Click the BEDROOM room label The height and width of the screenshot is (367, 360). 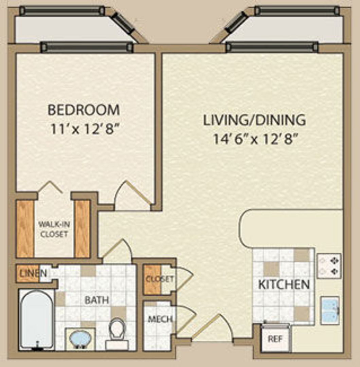(x=84, y=110)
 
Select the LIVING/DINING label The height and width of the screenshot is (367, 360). (x=254, y=120)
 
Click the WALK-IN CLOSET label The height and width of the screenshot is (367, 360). (x=54, y=229)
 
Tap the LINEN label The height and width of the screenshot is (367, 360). (x=33, y=273)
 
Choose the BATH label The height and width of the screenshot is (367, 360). (x=96, y=300)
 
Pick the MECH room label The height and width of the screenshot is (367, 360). (x=160, y=319)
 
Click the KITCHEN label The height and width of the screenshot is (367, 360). (x=284, y=284)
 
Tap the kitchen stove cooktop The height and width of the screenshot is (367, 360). (x=329, y=266)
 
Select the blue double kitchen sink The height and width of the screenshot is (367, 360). (x=330, y=310)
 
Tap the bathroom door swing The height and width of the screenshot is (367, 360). (x=117, y=250)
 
